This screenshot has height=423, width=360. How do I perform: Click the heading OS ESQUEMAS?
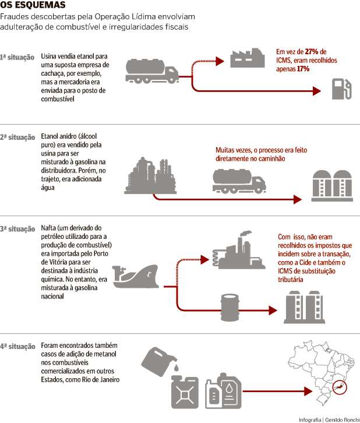[x=29, y=5]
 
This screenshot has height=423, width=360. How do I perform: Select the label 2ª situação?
[x=17, y=138]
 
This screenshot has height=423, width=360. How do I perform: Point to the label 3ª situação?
[x=17, y=228]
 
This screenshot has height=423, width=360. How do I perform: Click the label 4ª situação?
[x=17, y=346]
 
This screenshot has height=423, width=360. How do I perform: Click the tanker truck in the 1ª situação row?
[x=152, y=70]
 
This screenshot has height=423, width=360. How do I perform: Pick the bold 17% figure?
[x=302, y=69]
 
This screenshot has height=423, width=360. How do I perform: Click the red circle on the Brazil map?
[x=337, y=386]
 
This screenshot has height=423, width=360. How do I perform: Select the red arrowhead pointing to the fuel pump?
[x=316, y=91]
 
